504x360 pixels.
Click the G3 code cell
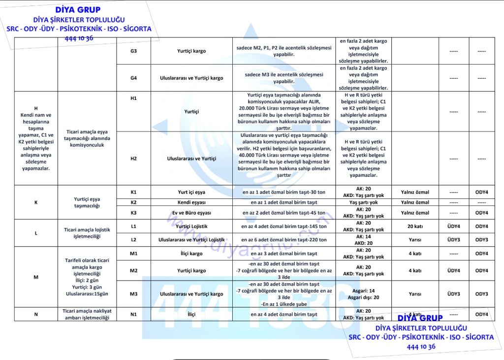(133, 51)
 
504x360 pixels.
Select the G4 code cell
(133, 78)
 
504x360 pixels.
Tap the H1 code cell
(133, 98)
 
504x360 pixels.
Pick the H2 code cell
(133, 159)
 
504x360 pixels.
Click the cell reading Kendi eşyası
(191, 202)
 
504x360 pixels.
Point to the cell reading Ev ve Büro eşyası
(191, 213)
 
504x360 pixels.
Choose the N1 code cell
(133, 314)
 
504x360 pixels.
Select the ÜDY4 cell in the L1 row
(453, 227)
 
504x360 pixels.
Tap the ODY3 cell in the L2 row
(481, 240)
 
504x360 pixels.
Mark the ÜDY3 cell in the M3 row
(453, 294)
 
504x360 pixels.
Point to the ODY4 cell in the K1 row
(481, 192)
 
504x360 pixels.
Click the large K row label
(36, 202)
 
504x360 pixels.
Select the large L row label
(36, 233)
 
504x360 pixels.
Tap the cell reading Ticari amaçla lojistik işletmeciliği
(87, 233)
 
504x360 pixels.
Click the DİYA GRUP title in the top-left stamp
(78, 10)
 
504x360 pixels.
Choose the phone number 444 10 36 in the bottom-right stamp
(421, 347)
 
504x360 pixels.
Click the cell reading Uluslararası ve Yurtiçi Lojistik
(191, 240)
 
